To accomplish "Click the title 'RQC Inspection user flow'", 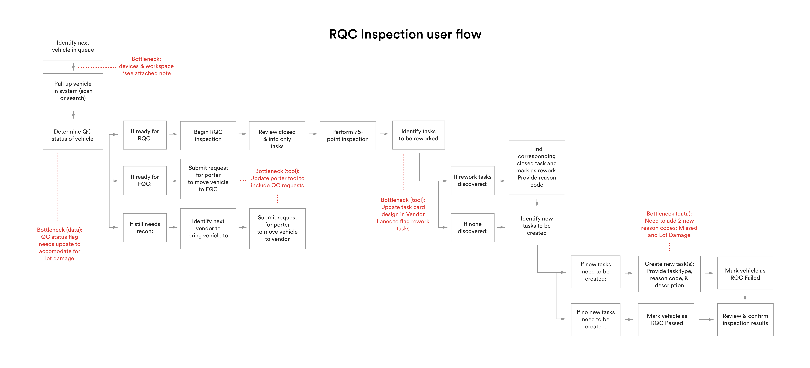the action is click(405, 34).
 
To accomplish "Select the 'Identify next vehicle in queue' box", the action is click(73, 46).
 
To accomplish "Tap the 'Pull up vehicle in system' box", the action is click(73, 91).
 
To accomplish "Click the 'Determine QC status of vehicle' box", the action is click(73, 135).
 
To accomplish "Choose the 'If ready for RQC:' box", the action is click(145, 135).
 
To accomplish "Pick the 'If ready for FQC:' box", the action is click(145, 180).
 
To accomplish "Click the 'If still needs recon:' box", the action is click(145, 228).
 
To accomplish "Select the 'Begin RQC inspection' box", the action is click(208, 136).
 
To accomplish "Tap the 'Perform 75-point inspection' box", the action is click(348, 136).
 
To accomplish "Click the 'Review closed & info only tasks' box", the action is click(277, 136).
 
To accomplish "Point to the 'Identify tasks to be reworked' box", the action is click(418, 135).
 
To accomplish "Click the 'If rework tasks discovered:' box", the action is click(473, 180).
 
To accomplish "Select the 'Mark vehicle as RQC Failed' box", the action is click(745, 273).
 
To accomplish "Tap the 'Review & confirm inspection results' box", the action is click(745, 320).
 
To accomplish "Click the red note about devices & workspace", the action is click(146, 66).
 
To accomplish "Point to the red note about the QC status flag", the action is click(60, 244).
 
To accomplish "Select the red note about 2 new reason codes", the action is click(669, 224).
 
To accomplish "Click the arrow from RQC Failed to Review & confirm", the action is click(745, 297).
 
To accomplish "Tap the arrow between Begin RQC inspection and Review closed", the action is click(242, 134).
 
